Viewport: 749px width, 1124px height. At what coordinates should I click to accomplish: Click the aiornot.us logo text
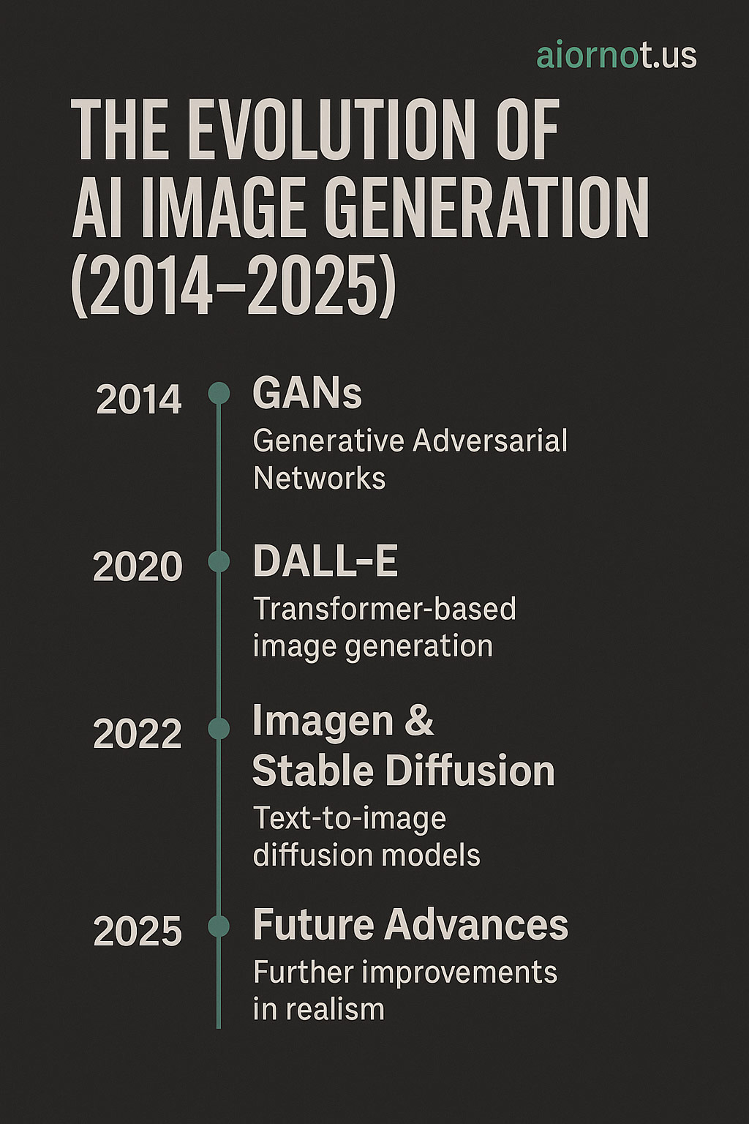[x=617, y=56]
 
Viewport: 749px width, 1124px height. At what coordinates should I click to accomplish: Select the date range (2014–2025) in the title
[x=234, y=285]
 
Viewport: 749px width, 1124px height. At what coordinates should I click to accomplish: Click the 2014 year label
[x=138, y=400]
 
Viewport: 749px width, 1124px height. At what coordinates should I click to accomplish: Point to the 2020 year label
[x=138, y=567]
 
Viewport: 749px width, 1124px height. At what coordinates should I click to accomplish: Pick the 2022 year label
[x=138, y=734]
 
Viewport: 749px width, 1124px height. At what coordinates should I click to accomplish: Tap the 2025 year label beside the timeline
[x=138, y=931]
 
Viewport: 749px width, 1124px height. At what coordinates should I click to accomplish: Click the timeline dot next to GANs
[x=219, y=393]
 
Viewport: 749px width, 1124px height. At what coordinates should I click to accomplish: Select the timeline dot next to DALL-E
[x=219, y=561]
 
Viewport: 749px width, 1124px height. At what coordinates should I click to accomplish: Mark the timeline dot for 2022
[x=219, y=728]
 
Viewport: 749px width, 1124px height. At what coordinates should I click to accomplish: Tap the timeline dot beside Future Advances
[x=219, y=926]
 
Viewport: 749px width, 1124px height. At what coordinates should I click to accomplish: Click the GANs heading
[x=307, y=394]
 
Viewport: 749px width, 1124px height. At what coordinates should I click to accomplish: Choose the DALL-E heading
[x=325, y=561]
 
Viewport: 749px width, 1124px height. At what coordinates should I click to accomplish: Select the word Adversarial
[x=490, y=441]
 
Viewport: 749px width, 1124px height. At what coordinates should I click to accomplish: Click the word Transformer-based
[x=385, y=609]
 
